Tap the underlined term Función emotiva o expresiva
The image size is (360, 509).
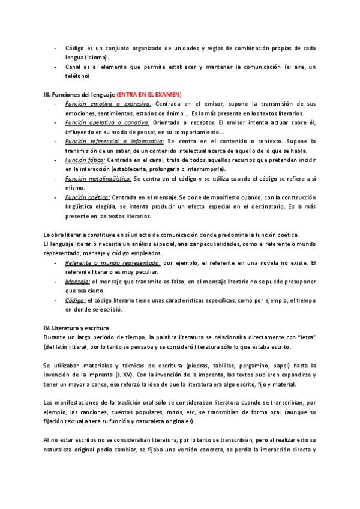[x=108, y=104]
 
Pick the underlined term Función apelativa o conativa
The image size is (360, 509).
[x=107, y=122]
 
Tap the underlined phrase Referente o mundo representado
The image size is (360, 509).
[x=113, y=263]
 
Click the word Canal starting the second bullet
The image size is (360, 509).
[x=74, y=67]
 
